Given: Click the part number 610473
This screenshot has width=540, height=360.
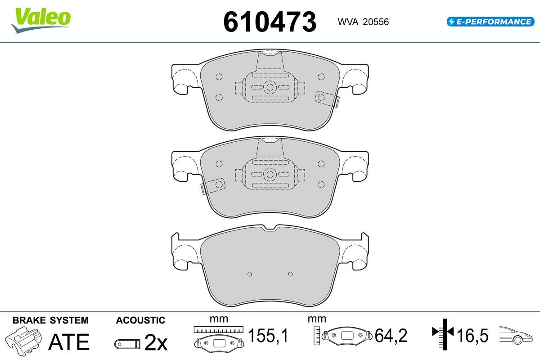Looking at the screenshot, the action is [x=270, y=22].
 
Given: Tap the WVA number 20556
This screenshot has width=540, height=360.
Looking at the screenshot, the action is [x=376, y=22].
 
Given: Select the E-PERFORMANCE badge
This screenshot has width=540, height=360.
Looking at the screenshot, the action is [x=490, y=22].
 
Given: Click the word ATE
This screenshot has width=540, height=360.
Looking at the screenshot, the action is [x=69, y=342].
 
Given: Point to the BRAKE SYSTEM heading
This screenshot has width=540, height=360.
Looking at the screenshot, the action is [x=50, y=320].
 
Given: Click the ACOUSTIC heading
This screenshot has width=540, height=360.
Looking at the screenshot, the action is [x=140, y=320].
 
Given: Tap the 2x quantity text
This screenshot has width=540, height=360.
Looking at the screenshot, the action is [x=156, y=342].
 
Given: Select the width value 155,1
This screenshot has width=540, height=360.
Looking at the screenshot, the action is [x=268, y=335].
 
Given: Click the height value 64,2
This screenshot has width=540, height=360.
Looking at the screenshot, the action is [x=391, y=335].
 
